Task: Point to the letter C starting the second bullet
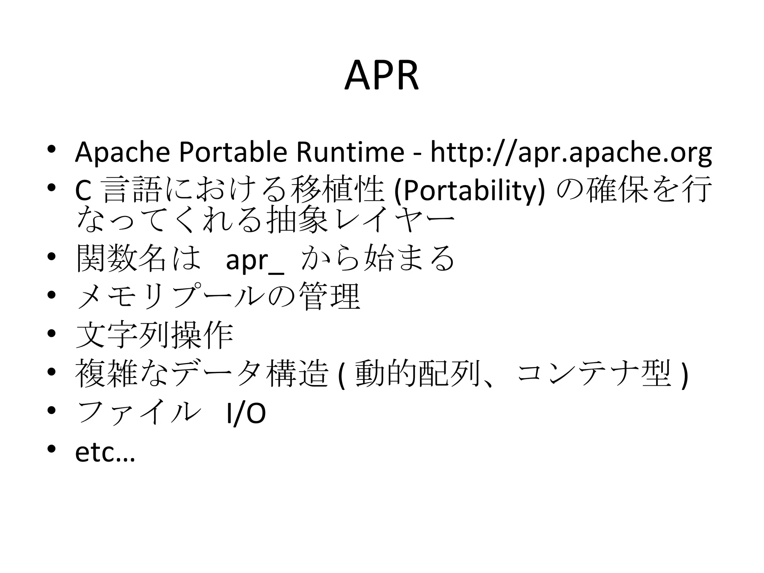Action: [x=83, y=191]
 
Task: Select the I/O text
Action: [x=246, y=414]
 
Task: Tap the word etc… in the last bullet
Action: [x=105, y=453]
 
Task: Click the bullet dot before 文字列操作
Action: [x=52, y=333]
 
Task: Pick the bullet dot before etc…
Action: [x=52, y=448]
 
